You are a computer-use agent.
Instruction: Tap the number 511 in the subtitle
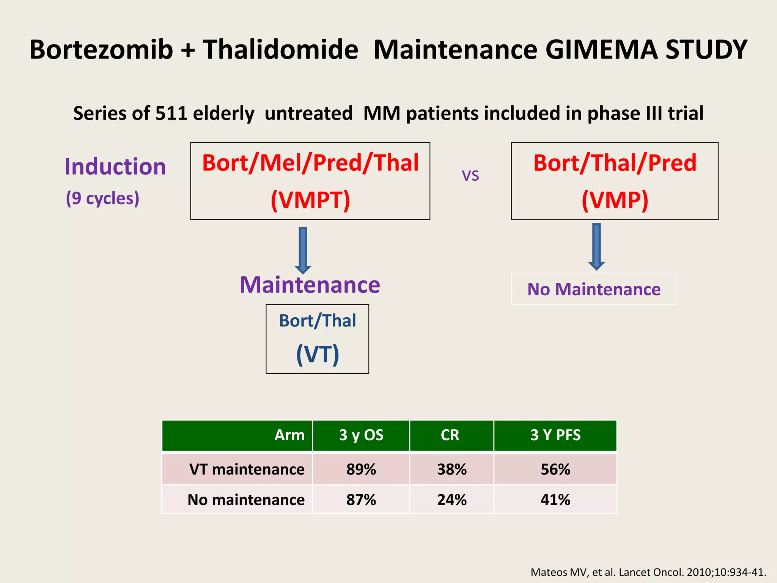point(171,113)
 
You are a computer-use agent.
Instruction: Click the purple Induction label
point(115,167)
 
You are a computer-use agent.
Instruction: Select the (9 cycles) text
point(102,198)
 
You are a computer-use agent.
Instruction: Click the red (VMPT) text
point(310,200)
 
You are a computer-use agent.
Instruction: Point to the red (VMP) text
point(615,200)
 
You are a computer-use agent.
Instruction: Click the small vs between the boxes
point(470,176)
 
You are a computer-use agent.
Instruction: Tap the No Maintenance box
point(593,289)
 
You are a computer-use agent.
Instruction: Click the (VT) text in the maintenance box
point(317,355)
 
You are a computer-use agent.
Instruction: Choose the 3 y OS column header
point(361,435)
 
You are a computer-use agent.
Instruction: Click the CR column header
point(450,435)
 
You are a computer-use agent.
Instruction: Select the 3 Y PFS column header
point(555,435)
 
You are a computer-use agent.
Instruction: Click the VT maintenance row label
point(247,470)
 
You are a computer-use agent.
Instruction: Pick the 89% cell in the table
point(361,470)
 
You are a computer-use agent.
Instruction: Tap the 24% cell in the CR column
point(451,500)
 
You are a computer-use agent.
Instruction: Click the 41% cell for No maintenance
point(555,500)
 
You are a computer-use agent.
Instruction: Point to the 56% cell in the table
point(555,470)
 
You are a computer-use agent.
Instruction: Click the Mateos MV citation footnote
point(648,572)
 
